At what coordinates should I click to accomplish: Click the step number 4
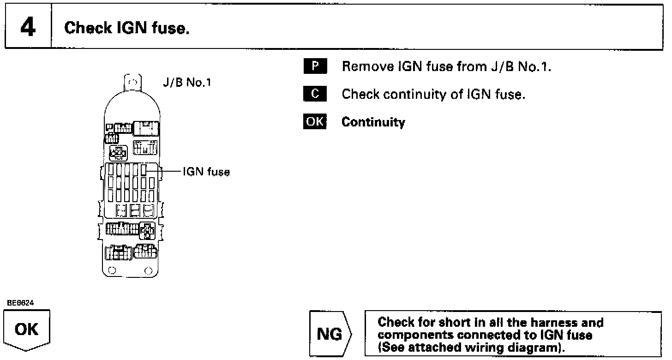(x=28, y=28)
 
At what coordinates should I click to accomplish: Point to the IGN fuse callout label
(x=206, y=172)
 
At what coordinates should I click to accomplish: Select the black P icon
(x=315, y=66)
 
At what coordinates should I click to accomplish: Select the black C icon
(x=315, y=94)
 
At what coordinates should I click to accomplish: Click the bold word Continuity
(x=373, y=122)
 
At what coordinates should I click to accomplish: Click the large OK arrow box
(x=27, y=330)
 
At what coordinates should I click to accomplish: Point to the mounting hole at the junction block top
(x=132, y=84)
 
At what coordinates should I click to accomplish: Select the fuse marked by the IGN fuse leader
(x=144, y=171)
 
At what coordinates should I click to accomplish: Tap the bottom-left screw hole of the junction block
(x=111, y=270)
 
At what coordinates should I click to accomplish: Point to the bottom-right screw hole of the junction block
(x=148, y=270)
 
